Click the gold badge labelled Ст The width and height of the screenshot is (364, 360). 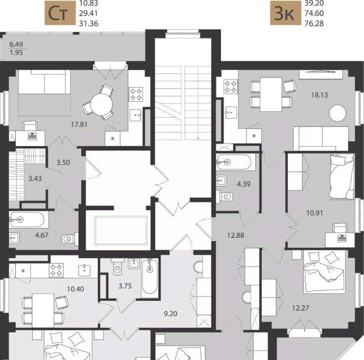tap(60, 13)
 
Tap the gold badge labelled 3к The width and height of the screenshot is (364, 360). tap(285, 13)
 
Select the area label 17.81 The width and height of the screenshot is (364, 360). tap(79, 125)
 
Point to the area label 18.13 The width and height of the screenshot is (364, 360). tap(319, 95)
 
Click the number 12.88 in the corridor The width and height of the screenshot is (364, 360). tap(236, 235)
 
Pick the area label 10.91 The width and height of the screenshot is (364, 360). tap(314, 213)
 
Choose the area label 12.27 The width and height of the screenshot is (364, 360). tap(301, 308)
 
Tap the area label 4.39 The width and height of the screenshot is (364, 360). tap(243, 184)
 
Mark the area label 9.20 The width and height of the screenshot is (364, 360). tap(170, 314)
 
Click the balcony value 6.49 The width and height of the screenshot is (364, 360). tap(16, 44)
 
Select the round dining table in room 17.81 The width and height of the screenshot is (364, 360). tap(101, 104)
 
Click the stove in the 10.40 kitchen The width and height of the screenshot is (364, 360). tap(56, 270)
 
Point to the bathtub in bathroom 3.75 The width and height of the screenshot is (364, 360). tap(150, 277)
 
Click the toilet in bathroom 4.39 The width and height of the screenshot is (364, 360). tap(225, 197)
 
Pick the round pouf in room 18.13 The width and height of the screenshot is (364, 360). tap(338, 113)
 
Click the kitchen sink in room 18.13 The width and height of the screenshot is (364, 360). tap(231, 113)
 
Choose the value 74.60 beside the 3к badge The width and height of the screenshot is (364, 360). tap(314, 14)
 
